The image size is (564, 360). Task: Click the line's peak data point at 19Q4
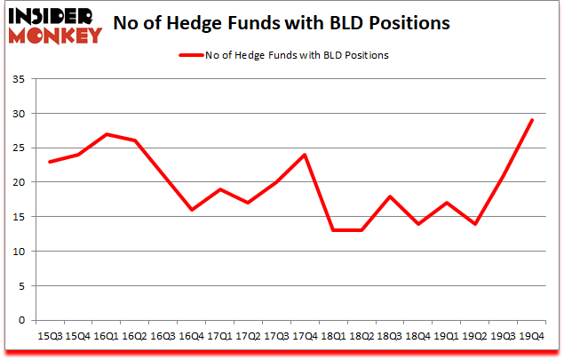[x=531, y=120]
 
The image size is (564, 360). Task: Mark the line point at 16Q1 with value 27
[x=107, y=134]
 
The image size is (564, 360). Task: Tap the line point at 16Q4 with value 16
[x=193, y=210]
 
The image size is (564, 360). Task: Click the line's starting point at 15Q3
[x=50, y=162]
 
